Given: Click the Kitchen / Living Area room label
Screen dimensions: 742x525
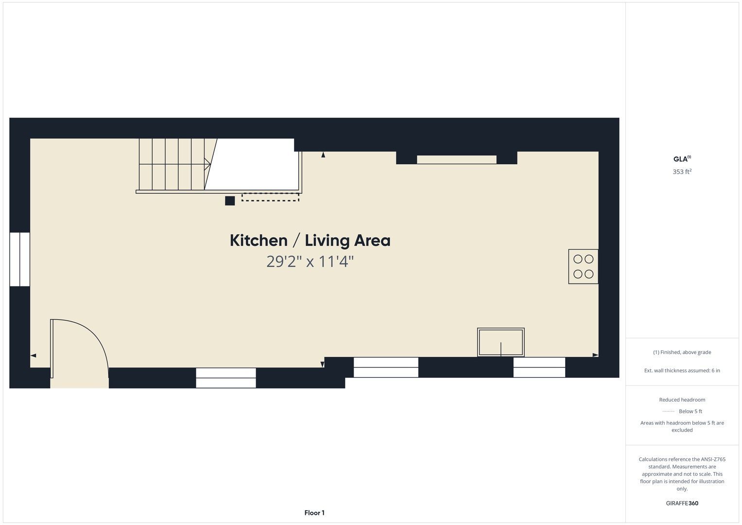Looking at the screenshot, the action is [310, 241].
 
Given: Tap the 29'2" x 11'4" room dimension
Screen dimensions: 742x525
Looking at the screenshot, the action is [310, 262].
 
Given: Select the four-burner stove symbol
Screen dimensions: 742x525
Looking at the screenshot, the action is [583, 266].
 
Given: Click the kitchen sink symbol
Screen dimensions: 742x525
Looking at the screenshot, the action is [501, 342].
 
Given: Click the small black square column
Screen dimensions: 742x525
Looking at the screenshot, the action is [230, 201].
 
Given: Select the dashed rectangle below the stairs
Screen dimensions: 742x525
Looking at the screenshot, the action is [270, 197].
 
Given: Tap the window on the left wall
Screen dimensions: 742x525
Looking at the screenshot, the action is [20, 259].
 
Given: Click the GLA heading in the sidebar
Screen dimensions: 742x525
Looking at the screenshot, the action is [682, 159].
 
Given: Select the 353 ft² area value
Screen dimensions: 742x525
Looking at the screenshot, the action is [682, 172].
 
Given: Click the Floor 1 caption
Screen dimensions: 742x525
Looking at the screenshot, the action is [314, 513].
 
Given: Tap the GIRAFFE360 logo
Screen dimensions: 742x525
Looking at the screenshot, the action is [682, 503].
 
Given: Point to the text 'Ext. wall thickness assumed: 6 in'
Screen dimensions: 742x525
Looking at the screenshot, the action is [682, 370].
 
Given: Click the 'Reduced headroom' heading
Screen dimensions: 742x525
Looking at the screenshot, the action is [682, 400].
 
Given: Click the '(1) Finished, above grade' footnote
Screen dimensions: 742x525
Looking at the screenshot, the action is [682, 352].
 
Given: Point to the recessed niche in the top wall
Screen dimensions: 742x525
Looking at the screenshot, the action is [456, 159].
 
